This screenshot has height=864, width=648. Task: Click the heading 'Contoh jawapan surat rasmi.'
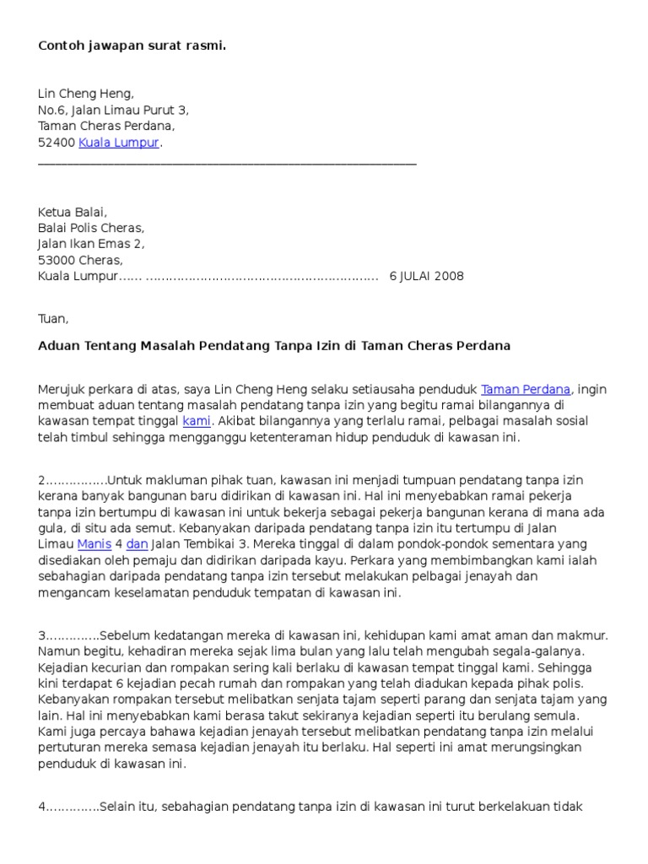coord(132,46)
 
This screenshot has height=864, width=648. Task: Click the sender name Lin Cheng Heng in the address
coord(86,94)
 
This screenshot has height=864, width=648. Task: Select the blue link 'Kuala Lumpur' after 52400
coord(119,143)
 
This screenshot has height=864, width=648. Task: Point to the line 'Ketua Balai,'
coord(73,212)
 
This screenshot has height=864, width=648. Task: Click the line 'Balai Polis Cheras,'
coord(91,228)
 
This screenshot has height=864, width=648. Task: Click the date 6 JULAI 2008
coord(426,276)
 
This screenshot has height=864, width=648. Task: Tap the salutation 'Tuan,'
coord(53,319)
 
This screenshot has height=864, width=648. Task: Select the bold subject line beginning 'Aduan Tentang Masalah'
coord(274,346)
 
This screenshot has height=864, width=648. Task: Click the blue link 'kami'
coord(197,420)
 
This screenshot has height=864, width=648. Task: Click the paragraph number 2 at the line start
coord(42,480)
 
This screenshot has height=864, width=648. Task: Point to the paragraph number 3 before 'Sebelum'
coord(42,635)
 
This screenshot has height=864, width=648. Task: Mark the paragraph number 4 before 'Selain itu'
coord(42,807)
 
